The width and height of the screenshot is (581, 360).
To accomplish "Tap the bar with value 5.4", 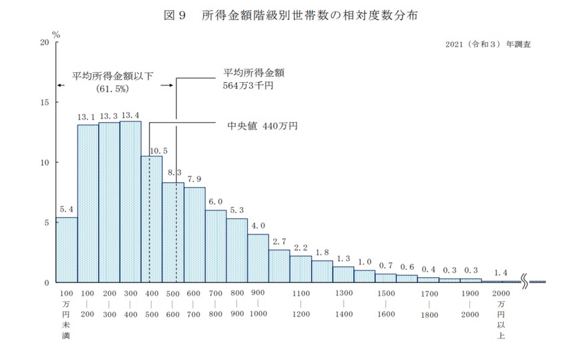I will pos(66,250).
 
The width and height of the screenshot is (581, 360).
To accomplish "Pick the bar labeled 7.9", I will pos(194,234).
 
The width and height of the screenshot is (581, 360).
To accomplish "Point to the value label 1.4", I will pos(501,273).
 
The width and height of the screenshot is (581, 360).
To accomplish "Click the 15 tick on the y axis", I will pos(44,102).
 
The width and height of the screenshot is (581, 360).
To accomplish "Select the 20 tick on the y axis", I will pos(44,42).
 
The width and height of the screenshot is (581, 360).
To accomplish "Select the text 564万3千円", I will pos(250,86).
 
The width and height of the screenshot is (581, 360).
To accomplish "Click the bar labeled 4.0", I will pos(258,258).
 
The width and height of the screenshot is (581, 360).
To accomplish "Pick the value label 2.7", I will pos(280,241).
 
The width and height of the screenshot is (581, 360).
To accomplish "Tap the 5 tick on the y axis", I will pos(46,222).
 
